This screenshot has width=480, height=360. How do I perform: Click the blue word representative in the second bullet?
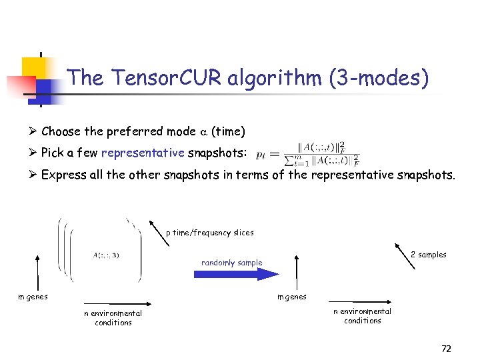pos(142,153)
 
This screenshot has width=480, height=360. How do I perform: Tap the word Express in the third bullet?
pos(62,175)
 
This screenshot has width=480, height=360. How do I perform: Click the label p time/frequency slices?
pos(209,233)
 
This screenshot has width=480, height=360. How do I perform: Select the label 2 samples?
pos(428,255)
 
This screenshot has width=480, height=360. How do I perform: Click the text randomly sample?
pos(231,263)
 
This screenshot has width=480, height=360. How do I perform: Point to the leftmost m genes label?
pos(33,297)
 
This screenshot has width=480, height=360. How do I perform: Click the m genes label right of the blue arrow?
pos(292,297)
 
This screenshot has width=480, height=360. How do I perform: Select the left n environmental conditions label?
pos(113,318)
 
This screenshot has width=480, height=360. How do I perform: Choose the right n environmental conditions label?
pos(362,316)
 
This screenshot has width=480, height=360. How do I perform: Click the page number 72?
pos(446,349)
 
